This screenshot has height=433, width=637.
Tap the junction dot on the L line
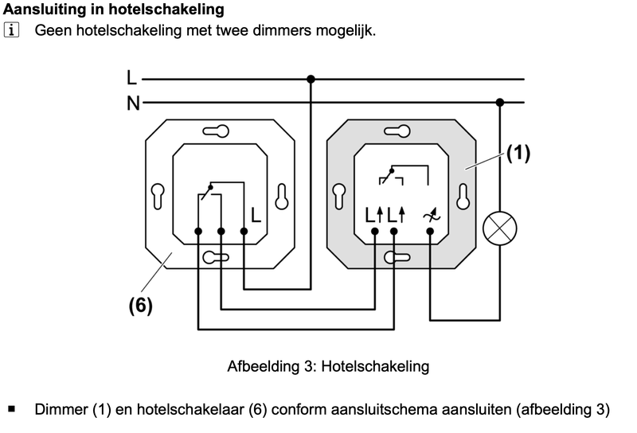[311, 79]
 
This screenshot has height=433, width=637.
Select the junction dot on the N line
[500, 102]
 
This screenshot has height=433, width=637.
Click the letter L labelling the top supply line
[131, 78]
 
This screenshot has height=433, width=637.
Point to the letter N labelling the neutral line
[132, 102]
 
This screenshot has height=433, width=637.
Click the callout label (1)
[518, 153]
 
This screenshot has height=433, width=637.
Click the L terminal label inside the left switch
[256, 214]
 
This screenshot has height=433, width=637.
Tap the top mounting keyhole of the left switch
[215, 131]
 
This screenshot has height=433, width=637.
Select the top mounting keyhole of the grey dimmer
[397, 131]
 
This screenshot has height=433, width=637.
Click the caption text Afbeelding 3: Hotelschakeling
[328, 366]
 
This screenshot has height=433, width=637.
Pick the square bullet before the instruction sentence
[12, 410]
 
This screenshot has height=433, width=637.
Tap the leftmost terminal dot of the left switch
[198, 231]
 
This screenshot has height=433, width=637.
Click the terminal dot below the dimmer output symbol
[430, 231]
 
